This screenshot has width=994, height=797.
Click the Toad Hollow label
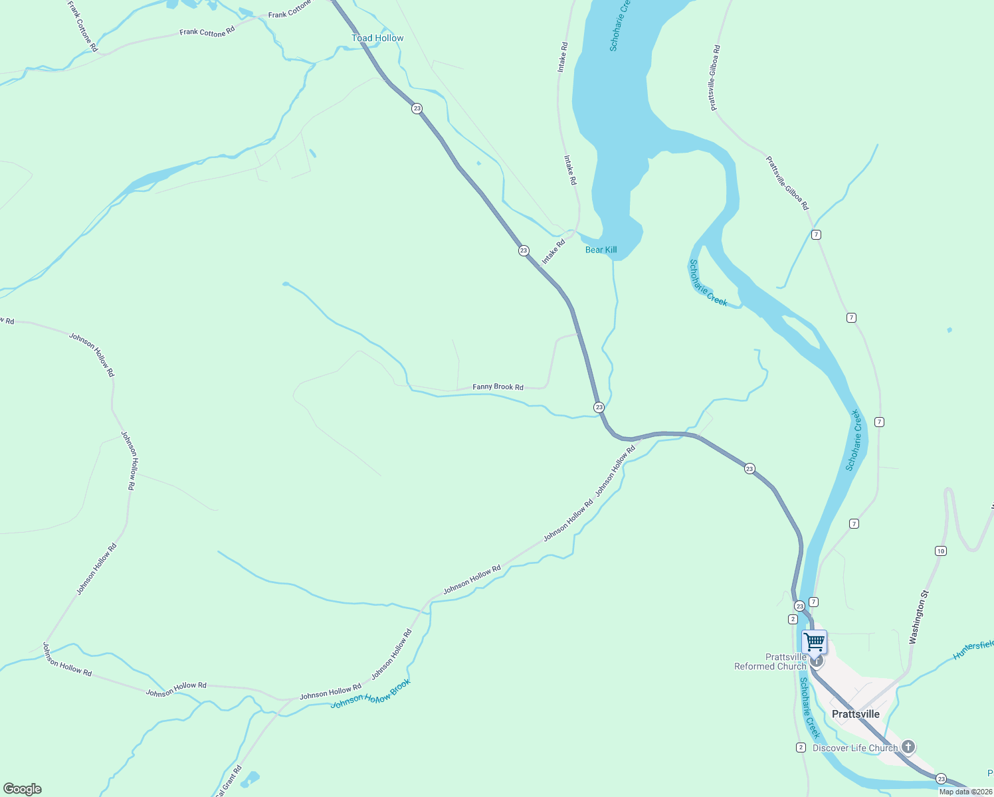(x=377, y=38)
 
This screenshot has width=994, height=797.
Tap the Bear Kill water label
(x=601, y=250)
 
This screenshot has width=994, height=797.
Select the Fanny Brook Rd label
(x=498, y=387)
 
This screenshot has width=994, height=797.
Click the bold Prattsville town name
(x=856, y=714)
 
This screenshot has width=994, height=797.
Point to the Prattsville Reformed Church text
(x=770, y=662)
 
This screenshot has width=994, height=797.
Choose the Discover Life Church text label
(x=855, y=748)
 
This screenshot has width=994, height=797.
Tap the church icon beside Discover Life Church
(x=908, y=747)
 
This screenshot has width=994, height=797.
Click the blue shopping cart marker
(x=814, y=642)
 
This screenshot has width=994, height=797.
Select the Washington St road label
(x=918, y=617)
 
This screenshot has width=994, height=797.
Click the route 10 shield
(x=940, y=551)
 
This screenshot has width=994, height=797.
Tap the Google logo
(x=23, y=789)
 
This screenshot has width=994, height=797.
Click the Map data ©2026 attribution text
(x=965, y=792)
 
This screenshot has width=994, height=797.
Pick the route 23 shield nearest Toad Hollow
(x=417, y=108)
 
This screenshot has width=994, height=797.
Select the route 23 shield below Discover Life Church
(x=941, y=778)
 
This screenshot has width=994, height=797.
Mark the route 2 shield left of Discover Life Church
(x=801, y=747)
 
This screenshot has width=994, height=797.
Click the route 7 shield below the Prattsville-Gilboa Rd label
(x=816, y=234)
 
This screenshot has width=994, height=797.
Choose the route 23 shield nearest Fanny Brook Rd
(x=599, y=407)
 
